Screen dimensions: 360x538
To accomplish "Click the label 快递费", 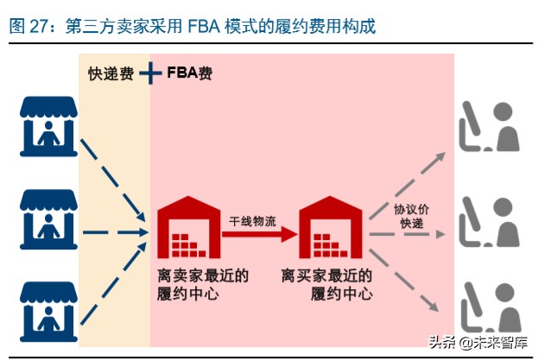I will pos(111,73).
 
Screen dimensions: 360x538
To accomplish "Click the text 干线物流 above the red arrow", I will pos(253,219).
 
